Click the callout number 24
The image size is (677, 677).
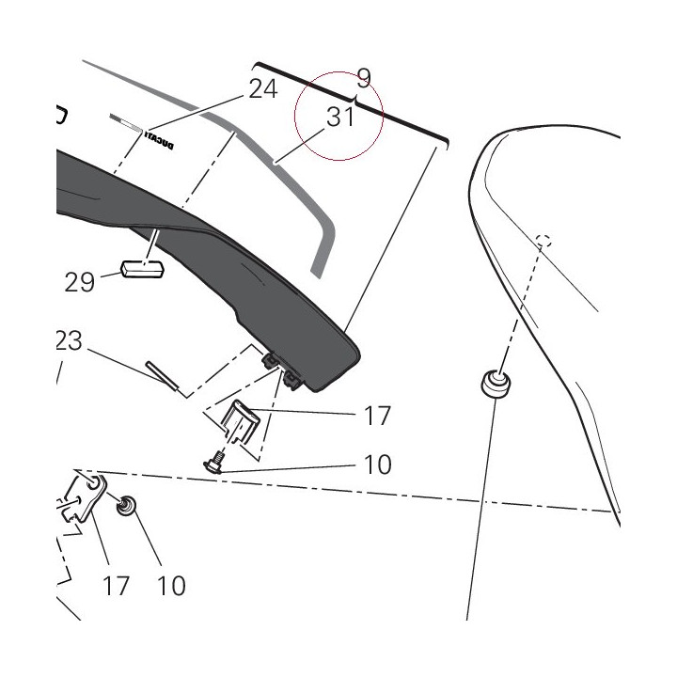pos(263,89)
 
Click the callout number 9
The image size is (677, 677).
pos(364,78)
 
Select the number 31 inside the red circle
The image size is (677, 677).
pos(340,117)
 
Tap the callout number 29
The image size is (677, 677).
pos(79,282)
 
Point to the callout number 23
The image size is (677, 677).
pos(69,340)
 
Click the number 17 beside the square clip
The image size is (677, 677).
pos(377,416)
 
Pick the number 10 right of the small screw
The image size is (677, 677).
pos(378,464)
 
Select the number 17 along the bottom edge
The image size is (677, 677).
pos(117,586)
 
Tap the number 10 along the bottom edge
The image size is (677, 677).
pos(171,586)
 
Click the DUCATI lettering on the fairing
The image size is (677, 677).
pos(159,141)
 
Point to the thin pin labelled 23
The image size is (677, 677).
pos(162,375)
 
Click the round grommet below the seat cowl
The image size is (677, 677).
pos(496,383)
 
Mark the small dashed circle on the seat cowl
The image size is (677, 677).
pos(543,241)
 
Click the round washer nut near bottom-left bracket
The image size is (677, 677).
pos(126,506)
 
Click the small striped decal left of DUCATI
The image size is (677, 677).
pos(126,123)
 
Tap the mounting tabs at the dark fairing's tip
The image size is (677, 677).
pos(283,369)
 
